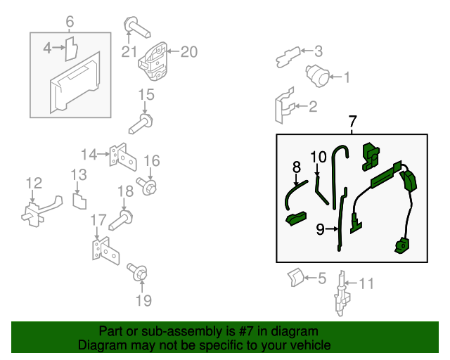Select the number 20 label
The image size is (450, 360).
click(189, 52)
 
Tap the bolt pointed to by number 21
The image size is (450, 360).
click(137, 27)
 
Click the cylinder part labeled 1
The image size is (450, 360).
click(317, 75)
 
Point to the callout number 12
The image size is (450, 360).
click(34, 183)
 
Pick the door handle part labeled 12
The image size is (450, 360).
click(41, 212)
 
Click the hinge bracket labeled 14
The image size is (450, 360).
click(123, 157)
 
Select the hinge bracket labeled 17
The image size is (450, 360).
click(105, 250)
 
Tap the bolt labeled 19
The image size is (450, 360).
click(137, 271)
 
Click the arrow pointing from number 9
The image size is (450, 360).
click(333, 229)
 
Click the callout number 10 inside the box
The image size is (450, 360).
click(319, 157)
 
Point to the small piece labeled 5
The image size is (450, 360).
click(295, 277)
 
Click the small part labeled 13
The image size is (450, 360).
click(79, 201)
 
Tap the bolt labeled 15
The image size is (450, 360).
click(141, 124)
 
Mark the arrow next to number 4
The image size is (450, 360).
click(59, 47)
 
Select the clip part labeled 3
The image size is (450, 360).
click(288, 57)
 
